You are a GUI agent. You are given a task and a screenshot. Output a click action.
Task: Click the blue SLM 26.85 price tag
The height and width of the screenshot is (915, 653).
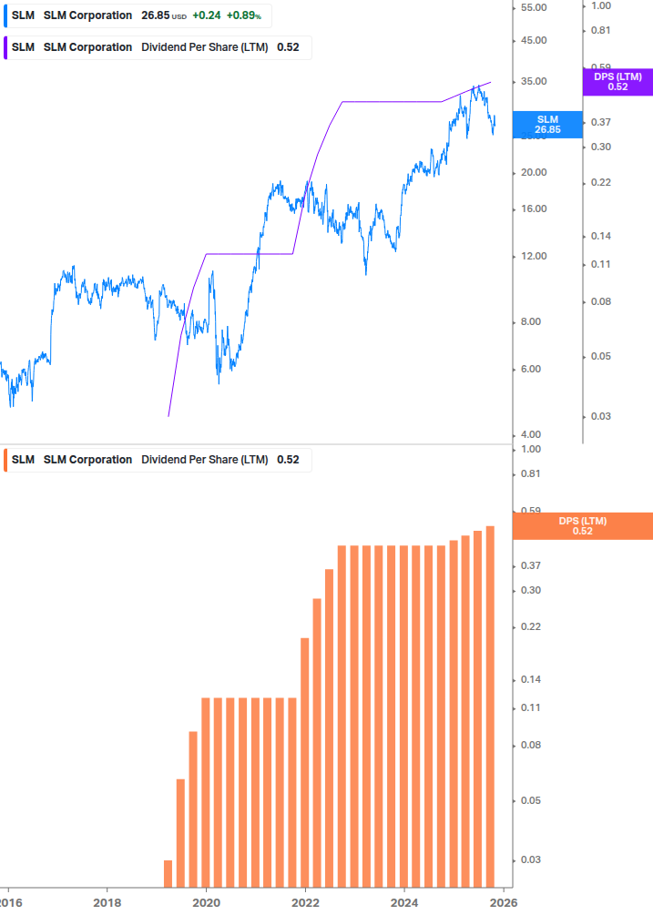pyautogui.click(x=547, y=125)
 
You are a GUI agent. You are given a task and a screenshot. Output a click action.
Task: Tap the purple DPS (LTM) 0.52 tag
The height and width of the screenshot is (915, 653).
pyautogui.click(x=617, y=82)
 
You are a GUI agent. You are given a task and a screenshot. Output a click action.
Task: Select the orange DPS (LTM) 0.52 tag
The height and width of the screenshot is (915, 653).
pyautogui.click(x=583, y=526)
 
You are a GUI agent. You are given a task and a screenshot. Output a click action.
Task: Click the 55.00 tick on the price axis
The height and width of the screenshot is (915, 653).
pyautogui.click(x=532, y=7)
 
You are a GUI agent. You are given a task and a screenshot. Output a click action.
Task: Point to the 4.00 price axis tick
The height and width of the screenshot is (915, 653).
pyautogui.click(x=532, y=434)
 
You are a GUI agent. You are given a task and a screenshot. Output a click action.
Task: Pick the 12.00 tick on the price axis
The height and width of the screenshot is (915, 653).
pyautogui.click(x=532, y=256)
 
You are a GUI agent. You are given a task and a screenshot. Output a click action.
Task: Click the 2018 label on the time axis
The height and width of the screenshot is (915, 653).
pyautogui.click(x=107, y=902)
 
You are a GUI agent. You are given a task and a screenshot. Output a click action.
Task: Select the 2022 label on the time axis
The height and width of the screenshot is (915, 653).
pyautogui.click(x=306, y=902)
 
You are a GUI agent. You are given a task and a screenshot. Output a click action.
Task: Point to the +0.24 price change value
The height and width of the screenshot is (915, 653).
pyautogui.click(x=205, y=15)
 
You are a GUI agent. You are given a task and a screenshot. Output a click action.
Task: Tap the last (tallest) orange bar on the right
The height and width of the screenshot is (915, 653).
pyautogui.click(x=490, y=707)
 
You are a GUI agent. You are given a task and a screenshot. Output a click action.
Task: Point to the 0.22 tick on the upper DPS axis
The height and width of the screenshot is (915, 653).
pyautogui.click(x=600, y=182)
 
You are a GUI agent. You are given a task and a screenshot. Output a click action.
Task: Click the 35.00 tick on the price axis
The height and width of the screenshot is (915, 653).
pyautogui.click(x=532, y=81)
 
